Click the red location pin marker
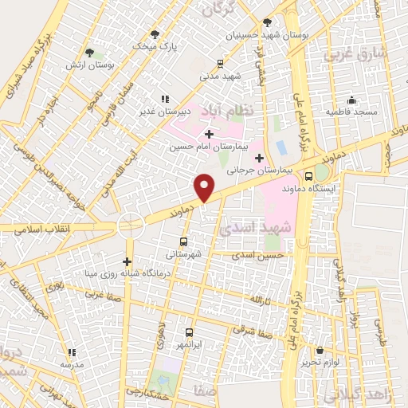click(x=205, y=187)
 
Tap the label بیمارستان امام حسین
click(x=210, y=147)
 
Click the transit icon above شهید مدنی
click(x=221, y=63)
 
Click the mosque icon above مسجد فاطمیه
click(x=351, y=100)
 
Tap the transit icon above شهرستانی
click(x=184, y=241)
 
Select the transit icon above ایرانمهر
click(x=190, y=332)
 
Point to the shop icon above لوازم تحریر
click(x=320, y=350)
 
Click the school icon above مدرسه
click(x=72, y=351)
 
